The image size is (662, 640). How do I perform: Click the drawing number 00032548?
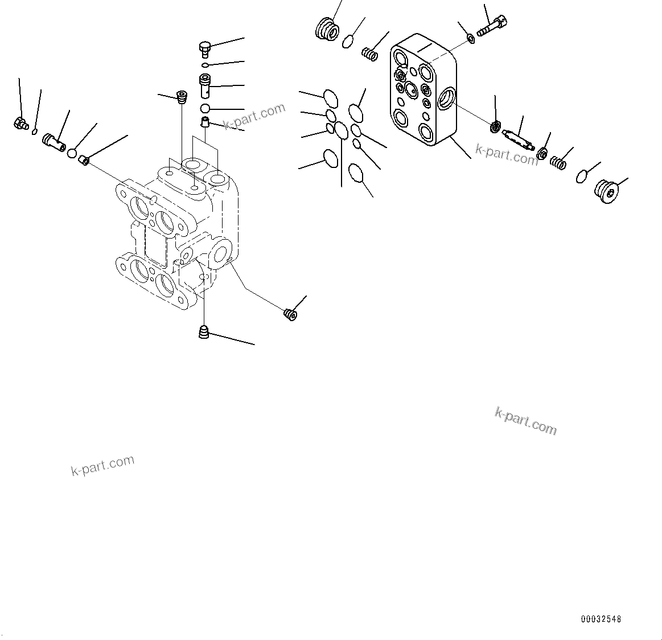601,619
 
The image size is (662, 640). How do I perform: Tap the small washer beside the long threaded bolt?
471,38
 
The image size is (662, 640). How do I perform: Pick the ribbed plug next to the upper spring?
326,28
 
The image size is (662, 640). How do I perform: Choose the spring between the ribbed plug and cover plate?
371,54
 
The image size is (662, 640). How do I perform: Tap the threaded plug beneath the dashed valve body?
204,331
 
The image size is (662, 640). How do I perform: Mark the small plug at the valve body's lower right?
290,314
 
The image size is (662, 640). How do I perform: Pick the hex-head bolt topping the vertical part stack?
205,48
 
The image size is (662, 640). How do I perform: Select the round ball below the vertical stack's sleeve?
205,108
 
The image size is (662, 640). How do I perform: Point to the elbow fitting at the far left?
20,122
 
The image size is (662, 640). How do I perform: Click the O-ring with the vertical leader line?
341,130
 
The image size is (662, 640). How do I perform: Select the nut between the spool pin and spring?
542,153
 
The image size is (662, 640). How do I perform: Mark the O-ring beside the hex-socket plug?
581,177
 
